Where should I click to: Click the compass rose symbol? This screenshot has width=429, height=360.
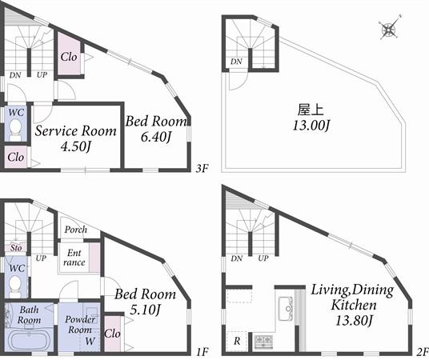point(389,30)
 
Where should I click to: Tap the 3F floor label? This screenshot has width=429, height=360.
point(202,169)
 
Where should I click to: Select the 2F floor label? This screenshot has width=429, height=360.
point(422,351)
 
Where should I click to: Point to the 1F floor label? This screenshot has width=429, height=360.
point(202,351)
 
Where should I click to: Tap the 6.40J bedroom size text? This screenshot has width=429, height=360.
point(156,137)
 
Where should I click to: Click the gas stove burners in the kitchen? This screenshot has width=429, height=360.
point(263,342)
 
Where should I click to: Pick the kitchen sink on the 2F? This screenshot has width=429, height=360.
point(284,308)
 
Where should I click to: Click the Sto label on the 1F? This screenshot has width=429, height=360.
point(14,248)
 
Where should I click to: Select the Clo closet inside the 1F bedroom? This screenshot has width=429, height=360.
point(112,333)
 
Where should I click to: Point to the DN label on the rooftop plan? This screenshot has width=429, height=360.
point(236,62)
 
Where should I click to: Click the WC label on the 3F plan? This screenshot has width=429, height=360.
point(15,114)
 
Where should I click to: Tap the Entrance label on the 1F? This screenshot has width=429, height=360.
point(74,258)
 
